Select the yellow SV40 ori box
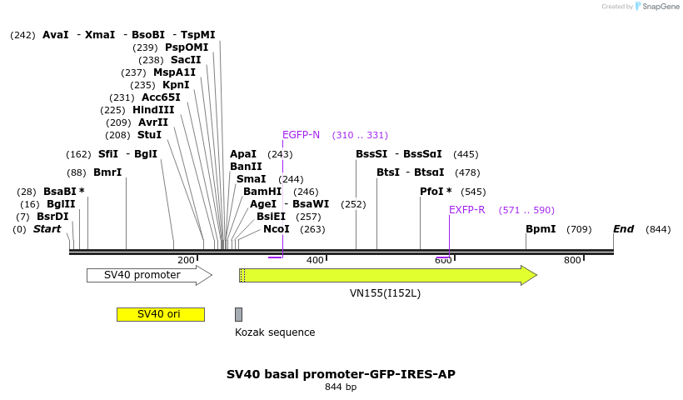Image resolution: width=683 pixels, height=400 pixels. click(160, 314)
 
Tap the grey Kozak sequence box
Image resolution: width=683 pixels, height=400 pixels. click(238, 314)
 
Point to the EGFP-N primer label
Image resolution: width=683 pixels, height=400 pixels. click(301, 135)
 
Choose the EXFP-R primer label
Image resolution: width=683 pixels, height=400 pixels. click(466, 210)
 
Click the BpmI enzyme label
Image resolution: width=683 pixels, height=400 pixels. click(541, 229)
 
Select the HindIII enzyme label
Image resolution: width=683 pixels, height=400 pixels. click(153, 110)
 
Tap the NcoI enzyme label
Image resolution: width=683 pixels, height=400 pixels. click(277, 229)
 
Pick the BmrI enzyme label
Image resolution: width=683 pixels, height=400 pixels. click(107, 172)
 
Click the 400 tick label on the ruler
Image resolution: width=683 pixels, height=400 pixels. click(315, 261)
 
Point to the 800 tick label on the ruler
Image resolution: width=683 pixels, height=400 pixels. click(572, 261)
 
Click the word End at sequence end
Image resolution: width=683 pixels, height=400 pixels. click(623, 229)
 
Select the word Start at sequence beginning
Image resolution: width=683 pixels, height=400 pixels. click(47, 229)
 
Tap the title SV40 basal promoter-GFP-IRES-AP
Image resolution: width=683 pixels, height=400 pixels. click(341, 374)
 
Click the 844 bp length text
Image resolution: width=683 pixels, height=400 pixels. click(341, 387)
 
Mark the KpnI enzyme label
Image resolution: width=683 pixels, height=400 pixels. click(176, 85)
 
